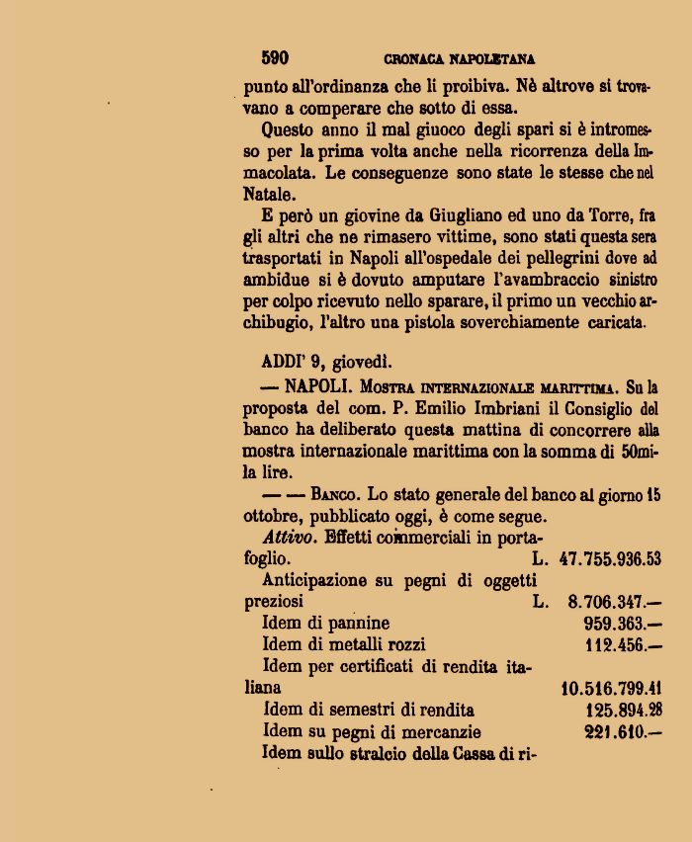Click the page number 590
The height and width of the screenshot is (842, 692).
[x=275, y=58]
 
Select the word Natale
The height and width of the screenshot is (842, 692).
[x=268, y=195]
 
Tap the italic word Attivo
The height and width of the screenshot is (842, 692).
[x=289, y=538]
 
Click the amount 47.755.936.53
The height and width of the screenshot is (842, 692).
[x=609, y=559]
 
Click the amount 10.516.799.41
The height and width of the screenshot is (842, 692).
[x=611, y=688]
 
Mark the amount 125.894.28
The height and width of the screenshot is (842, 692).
[x=623, y=710]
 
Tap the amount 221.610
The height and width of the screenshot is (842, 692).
[x=623, y=732]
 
